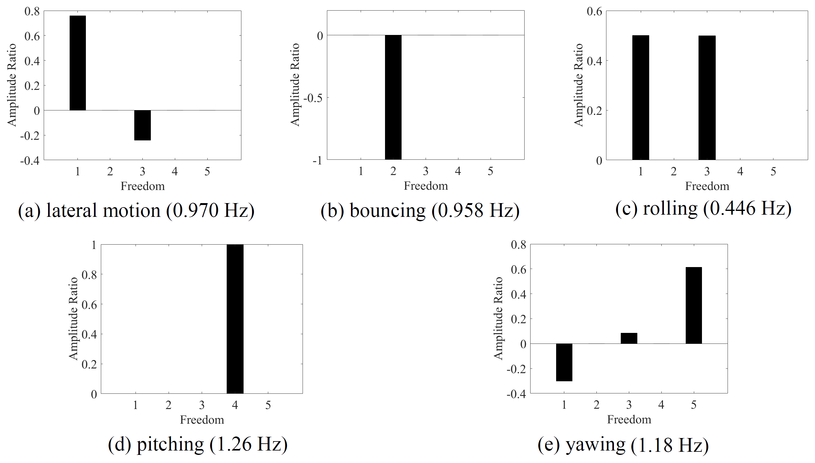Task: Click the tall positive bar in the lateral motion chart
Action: [x=78, y=63]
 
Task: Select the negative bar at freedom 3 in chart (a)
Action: [x=142, y=125]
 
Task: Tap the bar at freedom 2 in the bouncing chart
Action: [x=393, y=97]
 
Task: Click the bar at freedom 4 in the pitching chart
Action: [x=235, y=319]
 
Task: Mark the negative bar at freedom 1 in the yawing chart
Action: [x=564, y=362]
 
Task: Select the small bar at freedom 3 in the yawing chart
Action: [x=629, y=338]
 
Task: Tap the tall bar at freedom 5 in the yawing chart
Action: [x=694, y=305]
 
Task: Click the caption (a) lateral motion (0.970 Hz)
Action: [x=136, y=211]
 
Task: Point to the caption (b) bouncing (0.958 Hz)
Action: [x=420, y=211]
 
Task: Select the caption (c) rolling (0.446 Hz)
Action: [x=703, y=209]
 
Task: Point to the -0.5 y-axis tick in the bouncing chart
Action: [x=313, y=98]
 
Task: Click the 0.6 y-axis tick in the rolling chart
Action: [x=594, y=12]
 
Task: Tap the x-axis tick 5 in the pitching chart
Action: [x=268, y=405]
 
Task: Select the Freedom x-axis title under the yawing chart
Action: [x=629, y=419]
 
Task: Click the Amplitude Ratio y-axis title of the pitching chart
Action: [x=73, y=319]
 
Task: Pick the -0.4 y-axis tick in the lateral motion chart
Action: [x=30, y=161]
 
